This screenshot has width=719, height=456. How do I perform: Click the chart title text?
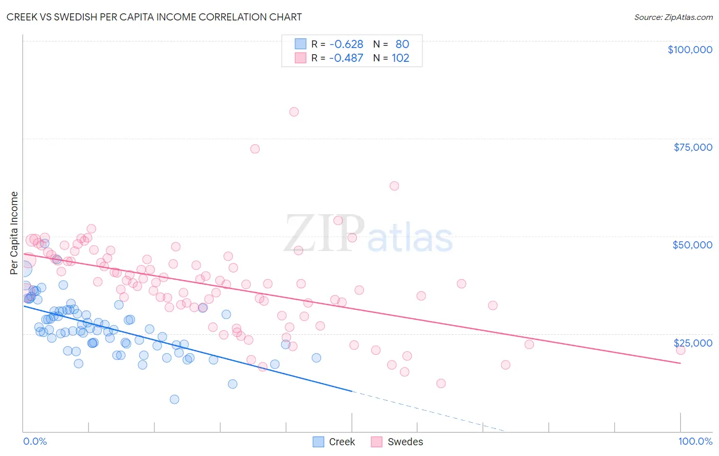tap(154, 17)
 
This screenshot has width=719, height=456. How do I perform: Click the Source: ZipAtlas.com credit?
tap(673, 17)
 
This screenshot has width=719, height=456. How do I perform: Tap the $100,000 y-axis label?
tap(690, 50)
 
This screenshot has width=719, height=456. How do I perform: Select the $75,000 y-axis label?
tap(692, 147)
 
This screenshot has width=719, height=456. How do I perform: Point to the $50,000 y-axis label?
tap(692, 245)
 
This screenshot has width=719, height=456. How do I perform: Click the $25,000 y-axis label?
tap(692, 343)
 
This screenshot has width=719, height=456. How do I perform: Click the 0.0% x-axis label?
tap(35, 441)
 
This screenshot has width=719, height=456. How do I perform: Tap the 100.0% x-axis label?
tap(695, 441)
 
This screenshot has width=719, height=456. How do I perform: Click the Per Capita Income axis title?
tap(14, 233)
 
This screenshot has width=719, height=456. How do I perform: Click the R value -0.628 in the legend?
tap(346, 44)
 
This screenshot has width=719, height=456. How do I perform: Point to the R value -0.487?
tap(346, 58)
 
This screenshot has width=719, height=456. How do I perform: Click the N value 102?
tap(400, 58)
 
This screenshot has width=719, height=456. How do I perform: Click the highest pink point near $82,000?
tap(294, 112)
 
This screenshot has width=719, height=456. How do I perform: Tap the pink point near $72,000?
tap(255, 149)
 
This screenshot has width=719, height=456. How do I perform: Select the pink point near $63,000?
tap(394, 186)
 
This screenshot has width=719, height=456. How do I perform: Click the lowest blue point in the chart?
tap(174, 399)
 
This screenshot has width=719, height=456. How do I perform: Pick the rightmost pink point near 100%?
tap(680, 350)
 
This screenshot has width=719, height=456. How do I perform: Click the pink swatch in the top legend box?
tap(300, 58)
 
